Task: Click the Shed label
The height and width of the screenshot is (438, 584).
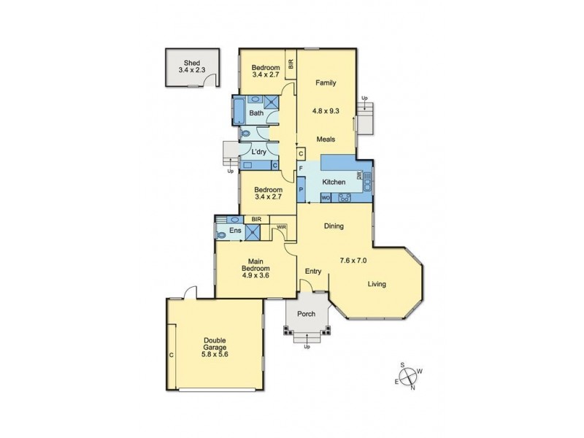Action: pos(192,63)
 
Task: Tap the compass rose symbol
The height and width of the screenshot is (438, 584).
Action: pos(410,377)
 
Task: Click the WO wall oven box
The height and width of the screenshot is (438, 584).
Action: pos(326,197)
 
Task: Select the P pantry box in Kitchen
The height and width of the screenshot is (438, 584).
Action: pos(301,190)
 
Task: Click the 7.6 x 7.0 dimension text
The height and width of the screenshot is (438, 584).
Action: pos(355,260)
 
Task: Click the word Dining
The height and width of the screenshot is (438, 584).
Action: pos(334,226)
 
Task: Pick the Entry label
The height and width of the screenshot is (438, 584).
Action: pos(313,272)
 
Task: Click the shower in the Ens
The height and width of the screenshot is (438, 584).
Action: pos(253,233)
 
